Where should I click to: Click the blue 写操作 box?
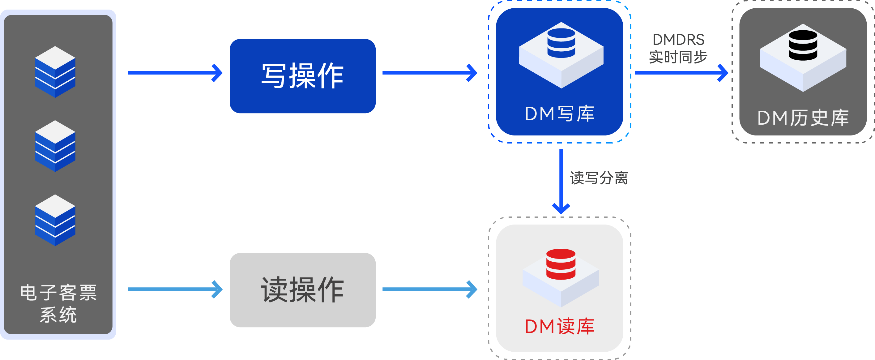302,76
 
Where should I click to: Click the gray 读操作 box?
302,290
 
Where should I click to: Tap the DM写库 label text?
559,114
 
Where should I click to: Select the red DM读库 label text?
559,326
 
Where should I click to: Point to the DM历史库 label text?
803,118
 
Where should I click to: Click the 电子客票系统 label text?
58,303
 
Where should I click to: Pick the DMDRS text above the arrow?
678,40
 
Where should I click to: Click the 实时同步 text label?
678,57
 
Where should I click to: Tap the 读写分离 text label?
599,178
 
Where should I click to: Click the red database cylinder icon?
561,264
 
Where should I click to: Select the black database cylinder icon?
803,45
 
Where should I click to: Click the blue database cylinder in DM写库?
561,43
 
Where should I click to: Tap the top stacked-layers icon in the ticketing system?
55,72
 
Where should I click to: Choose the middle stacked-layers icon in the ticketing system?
55,146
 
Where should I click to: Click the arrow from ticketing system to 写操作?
175,73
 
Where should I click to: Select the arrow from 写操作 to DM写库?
429,73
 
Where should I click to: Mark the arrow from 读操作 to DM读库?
429,289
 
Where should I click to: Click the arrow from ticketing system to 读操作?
175,289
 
